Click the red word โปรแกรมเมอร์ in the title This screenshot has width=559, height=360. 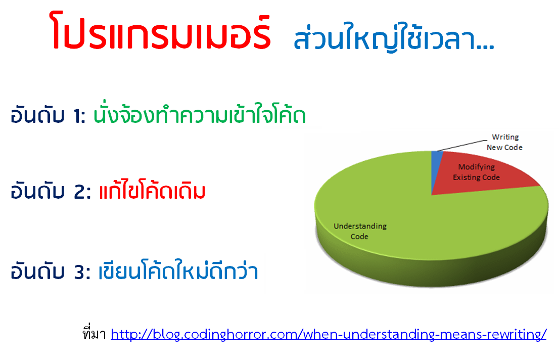[x=161, y=31]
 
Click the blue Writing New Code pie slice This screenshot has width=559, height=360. [x=436, y=168]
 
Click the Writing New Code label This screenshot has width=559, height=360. [x=504, y=142]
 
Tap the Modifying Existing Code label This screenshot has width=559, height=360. [x=476, y=172]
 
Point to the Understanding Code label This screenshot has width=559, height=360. [x=360, y=231]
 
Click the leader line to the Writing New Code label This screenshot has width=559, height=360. [x=462, y=146]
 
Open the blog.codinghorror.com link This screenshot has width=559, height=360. [x=329, y=334]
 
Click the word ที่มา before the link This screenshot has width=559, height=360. [x=94, y=333]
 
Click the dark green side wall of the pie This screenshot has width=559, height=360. [x=431, y=273]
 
